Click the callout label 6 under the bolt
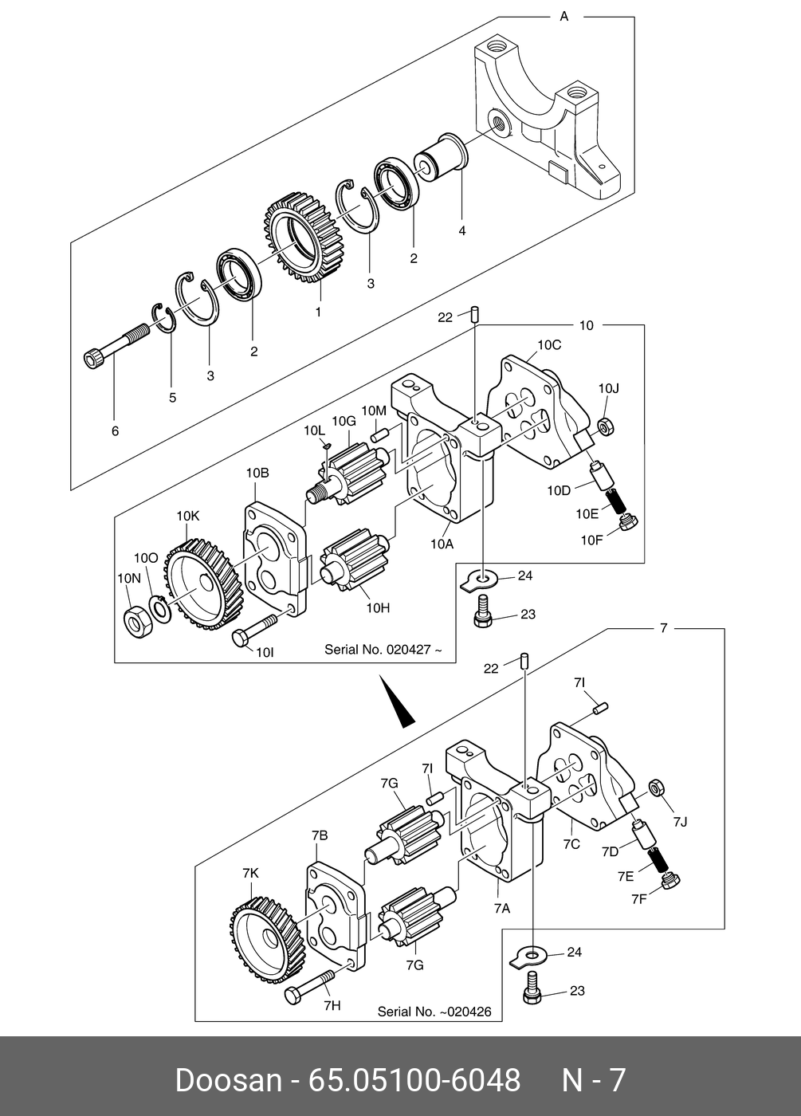tap(115, 431)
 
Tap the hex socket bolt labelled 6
tap(116, 344)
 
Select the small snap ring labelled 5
tap(163, 317)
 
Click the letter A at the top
tap(564, 17)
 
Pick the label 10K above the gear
tap(188, 517)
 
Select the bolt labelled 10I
tap(254, 631)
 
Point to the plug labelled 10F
tap(628, 523)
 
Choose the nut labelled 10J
tap(606, 426)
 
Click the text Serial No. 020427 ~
tap(383, 650)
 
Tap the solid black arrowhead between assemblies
tap(396, 701)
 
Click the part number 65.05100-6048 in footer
tap(414, 1080)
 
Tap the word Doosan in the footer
tap(229, 1080)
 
